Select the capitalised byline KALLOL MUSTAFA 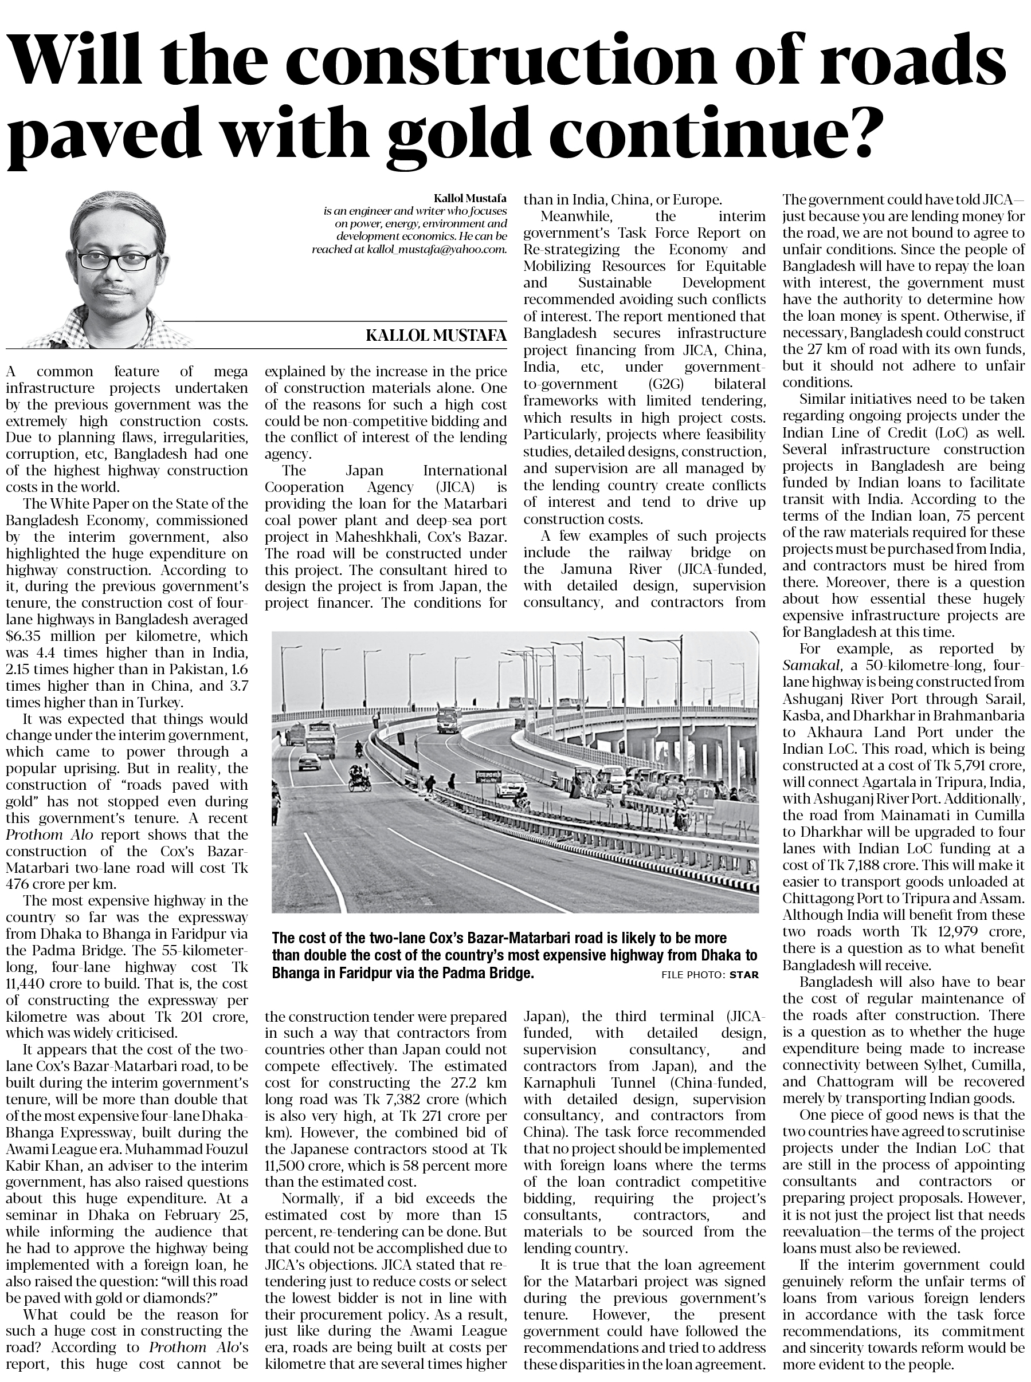click(436, 336)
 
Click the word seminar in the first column click(36, 1215)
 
